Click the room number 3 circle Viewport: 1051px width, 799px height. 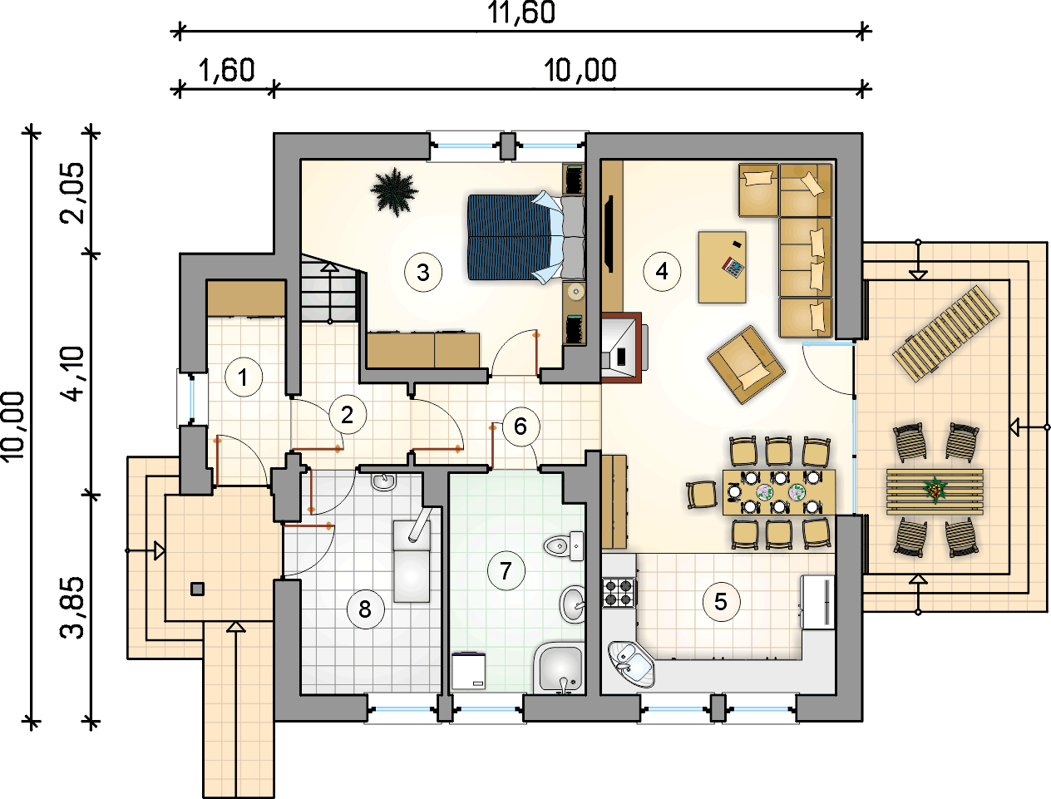click(x=423, y=273)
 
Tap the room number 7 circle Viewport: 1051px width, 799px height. click(x=506, y=570)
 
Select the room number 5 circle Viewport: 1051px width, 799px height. click(x=721, y=602)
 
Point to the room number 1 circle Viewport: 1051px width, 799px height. click(x=244, y=377)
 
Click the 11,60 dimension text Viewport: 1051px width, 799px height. click(x=521, y=12)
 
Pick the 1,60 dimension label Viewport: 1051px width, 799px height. click(x=226, y=71)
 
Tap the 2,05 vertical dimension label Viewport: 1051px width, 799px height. click(x=72, y=193)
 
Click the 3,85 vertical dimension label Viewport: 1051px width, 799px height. click(x=72, y=607)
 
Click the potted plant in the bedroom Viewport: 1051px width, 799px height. click(x=395, y=191)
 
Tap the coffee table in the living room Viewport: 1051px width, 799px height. click(x=722, y=267)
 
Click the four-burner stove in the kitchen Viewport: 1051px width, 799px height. click(x=619, y=593)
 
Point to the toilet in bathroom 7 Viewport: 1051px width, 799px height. click(x=564, y=545)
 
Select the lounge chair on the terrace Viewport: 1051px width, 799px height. click(x=945, y=333)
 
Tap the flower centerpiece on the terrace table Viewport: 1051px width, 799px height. click(x=934, y=490)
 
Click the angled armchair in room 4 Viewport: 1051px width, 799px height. click(x=746, y=365)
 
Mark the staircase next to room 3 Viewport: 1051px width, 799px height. click(x=330, y=289)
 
